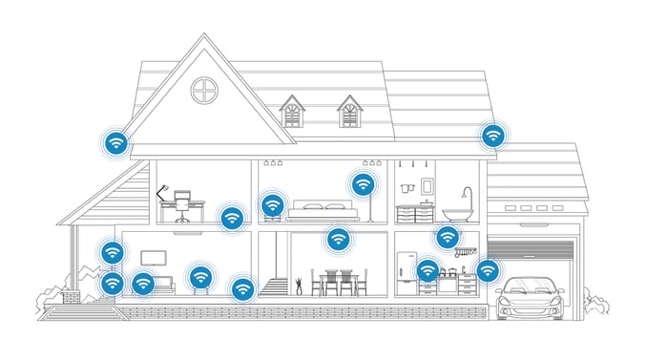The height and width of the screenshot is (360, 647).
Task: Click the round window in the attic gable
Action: pos(205,92)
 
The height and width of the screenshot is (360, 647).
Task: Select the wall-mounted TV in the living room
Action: pos(152,258)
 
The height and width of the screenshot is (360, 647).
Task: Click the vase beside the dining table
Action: pos(299,283)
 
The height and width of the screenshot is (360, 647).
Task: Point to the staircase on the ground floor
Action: pos(274,285)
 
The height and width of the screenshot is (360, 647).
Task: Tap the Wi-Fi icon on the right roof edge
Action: pos(492,136)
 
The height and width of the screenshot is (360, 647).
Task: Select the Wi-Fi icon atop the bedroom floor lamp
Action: pos(363,183)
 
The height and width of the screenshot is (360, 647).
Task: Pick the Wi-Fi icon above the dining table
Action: pos(338,238)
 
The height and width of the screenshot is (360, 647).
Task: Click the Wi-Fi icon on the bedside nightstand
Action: pos(273,204)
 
